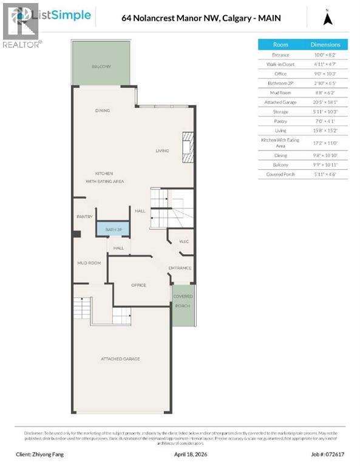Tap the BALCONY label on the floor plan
tap(101, 66)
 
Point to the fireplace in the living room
tap(187, 147)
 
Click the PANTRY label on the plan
tap(84, 217)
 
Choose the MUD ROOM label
tap(89, 263)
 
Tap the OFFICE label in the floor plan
tap(138, 285)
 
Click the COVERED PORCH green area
tap(183, 305)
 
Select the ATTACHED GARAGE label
tap(120, 359)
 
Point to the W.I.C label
tap(184, 241)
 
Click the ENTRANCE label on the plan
tap(180, 268)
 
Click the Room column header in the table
tap(280, 44)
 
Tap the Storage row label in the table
tap(280, 112)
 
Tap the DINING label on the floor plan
tap(102, 110)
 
